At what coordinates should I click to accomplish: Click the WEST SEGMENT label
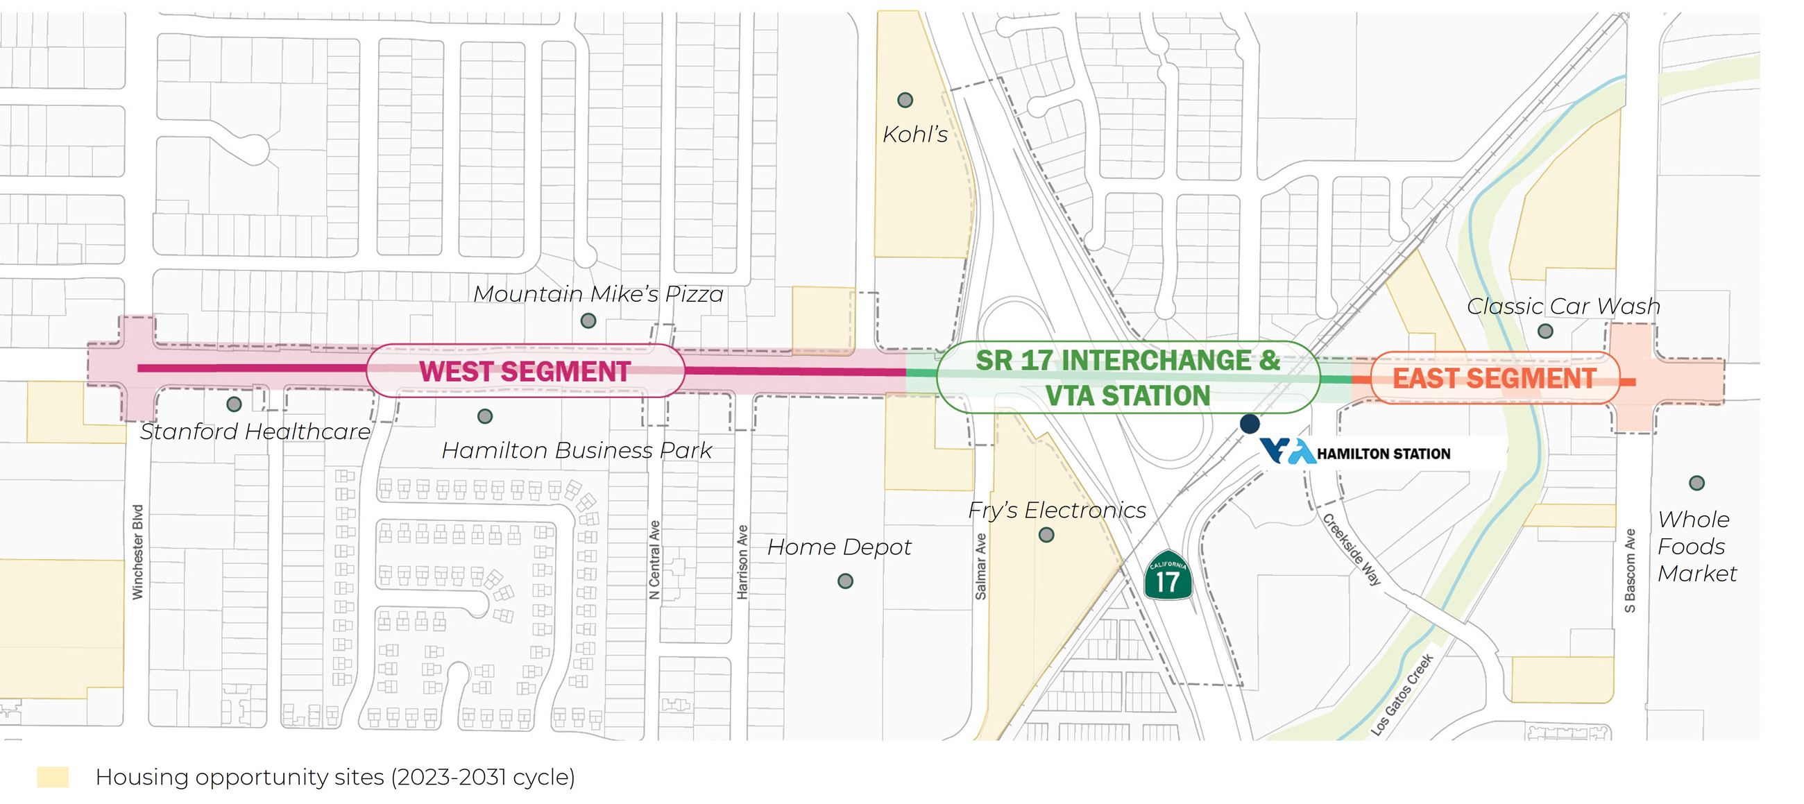tap(525, 371)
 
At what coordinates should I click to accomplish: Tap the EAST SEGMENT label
tap(1494, 378)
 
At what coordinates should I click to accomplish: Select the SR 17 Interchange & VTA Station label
tap(1127, 377)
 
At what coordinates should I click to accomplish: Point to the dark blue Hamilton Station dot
tap(1250, 424)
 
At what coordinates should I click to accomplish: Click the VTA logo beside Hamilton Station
tap(1287, 452)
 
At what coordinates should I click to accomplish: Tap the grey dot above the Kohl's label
tap(905, 100)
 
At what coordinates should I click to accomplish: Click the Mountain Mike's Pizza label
tap(598, 294)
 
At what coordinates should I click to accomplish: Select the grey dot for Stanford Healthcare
tap(234, 404)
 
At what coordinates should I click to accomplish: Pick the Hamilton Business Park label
tap(577, 450)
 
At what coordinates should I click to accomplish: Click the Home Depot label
tap(839, 547)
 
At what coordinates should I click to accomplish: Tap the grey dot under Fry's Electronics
tap(1046, 535)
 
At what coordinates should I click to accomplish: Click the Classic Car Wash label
tap(1563, 306)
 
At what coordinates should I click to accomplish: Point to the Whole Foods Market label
tap(1696, 546)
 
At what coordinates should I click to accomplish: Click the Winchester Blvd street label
tap(138, 552)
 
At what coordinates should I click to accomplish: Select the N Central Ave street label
tap(654, 560)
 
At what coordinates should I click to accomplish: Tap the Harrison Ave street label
tap(742, 563)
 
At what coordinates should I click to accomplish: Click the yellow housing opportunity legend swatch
tap(53, 777)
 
